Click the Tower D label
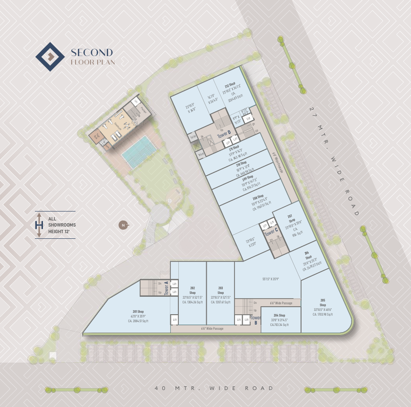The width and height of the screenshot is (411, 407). pos(224,134)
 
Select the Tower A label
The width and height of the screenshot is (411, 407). pos(167,287)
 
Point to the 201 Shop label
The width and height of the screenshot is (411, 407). pos(138,311)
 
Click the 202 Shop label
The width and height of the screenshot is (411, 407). pos(193,290)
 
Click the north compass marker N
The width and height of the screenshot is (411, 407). pos(123,225)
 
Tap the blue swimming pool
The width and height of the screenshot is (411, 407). pos(140,151)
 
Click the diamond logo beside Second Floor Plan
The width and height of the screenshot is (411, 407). pos(50,57)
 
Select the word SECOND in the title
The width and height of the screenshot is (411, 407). pos(92,52)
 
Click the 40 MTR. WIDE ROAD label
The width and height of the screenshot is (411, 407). pos(214,388)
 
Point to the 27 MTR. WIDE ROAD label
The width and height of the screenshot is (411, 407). pos(335,161)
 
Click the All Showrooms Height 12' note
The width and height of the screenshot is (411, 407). pos(62,225)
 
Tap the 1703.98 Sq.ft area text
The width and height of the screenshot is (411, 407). pos(323,314)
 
